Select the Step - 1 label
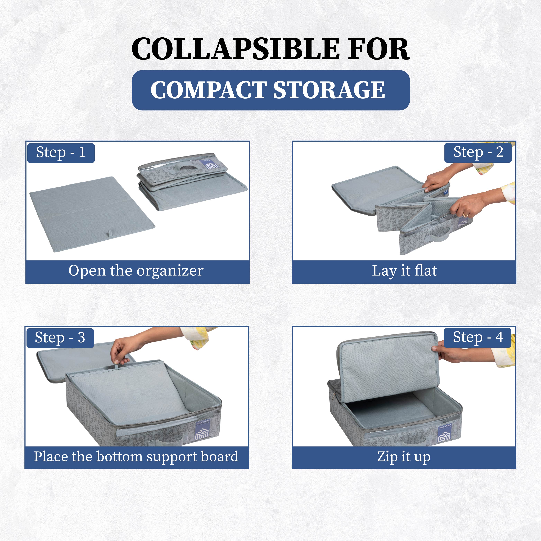(x=61, y=153)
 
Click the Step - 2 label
(x=478, y=153)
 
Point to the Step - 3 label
(x=60, y=338)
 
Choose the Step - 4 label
(x=478, y=337)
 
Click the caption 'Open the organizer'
(x=136, y=271)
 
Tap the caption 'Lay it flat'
(x=404, y=271)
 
